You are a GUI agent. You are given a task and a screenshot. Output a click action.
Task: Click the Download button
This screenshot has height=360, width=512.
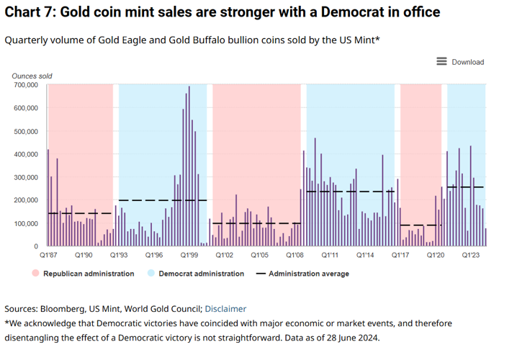click(x=467, y=62)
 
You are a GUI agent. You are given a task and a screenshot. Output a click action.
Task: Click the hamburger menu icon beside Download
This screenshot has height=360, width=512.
click(x=442, y=62)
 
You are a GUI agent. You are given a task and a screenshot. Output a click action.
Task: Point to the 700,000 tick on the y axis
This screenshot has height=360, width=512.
click(x=25, y=85)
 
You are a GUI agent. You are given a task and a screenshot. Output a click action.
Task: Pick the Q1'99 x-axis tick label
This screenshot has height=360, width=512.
click(x=189, y=255)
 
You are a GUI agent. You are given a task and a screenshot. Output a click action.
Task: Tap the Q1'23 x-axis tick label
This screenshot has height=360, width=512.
click(x=472, y=255)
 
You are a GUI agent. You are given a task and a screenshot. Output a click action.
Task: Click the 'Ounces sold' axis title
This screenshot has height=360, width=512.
click(x=32, y=76)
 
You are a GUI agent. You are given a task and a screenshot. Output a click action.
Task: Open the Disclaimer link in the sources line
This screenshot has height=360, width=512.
click(x=225, y=309)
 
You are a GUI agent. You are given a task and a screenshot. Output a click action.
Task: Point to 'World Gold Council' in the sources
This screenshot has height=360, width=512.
click(x=166, y=309)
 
